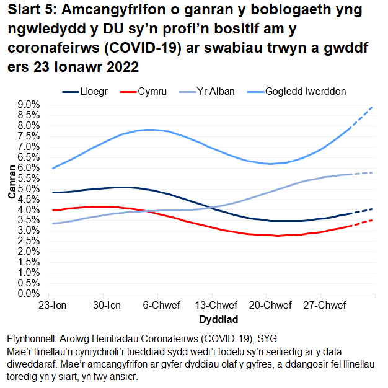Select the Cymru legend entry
click(x=152, y=92)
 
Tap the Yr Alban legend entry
click(x=215, y=92)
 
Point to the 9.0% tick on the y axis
click(x=27, y=104)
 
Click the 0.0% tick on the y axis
click(x=27, y=293)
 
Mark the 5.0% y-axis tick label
click(x=27, y=188)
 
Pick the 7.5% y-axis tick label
click(x=27, y=136)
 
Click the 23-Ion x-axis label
click(x=53, y=306)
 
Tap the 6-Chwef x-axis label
click(x=161, y=306)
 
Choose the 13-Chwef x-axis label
click(x=214, y=306)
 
